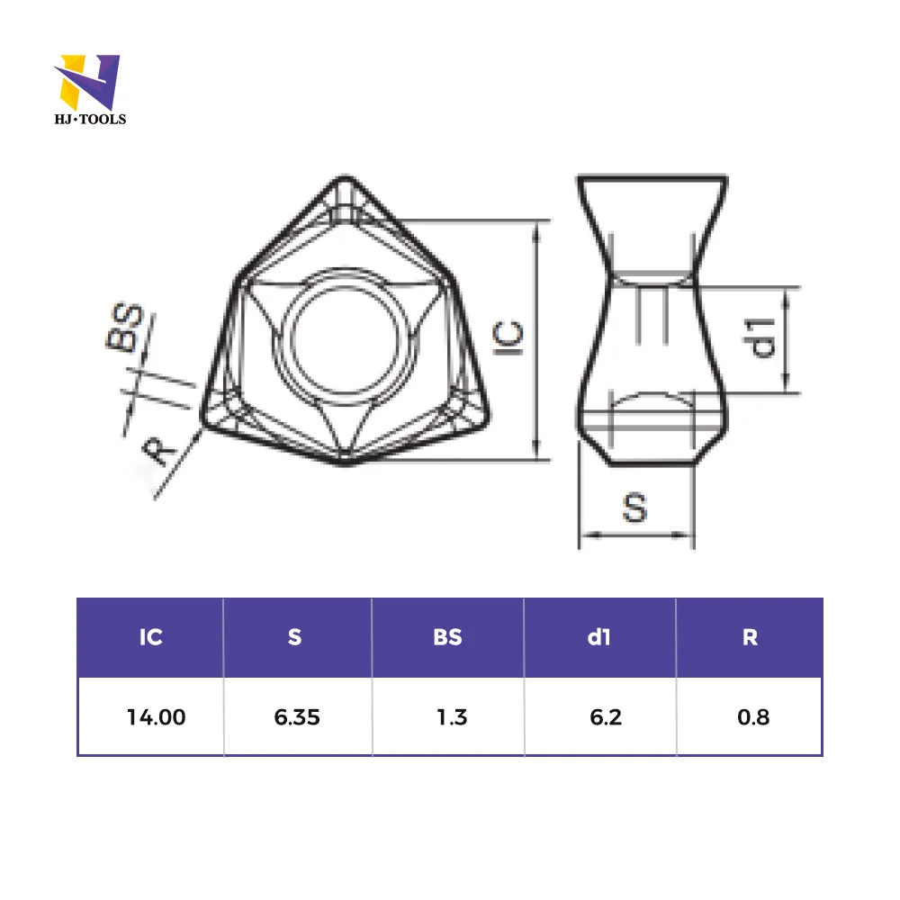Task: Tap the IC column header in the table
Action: point(150,637)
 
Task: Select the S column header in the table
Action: point(295,637)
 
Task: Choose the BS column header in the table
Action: point(447,637)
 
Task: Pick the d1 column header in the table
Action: point(599,637)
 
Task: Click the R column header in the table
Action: point(750,637)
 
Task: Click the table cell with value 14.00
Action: point(156,717)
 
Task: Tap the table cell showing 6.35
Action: point(296,717)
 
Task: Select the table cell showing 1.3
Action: point(451,717)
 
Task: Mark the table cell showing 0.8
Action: point(751,717)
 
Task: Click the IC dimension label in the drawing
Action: point(509,337)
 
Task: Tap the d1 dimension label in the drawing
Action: point(762,337)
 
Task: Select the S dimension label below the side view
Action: point(635,508)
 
